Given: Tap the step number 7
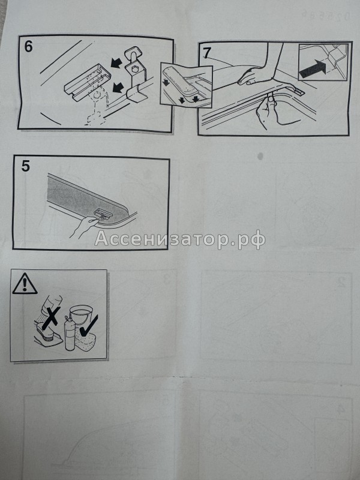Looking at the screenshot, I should (207, 52).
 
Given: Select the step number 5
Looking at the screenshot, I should (25, 167).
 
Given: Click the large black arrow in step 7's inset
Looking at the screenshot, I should (313, 70).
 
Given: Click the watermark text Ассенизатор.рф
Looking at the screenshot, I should (180, 239).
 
